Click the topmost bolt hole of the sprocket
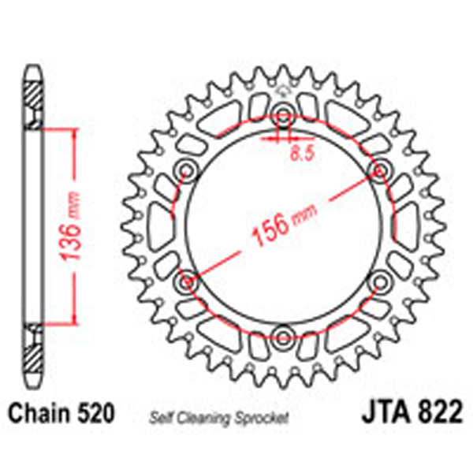283,110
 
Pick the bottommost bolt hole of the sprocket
283,339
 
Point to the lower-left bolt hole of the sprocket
186,281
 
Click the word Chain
35,413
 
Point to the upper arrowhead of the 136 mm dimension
74,131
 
